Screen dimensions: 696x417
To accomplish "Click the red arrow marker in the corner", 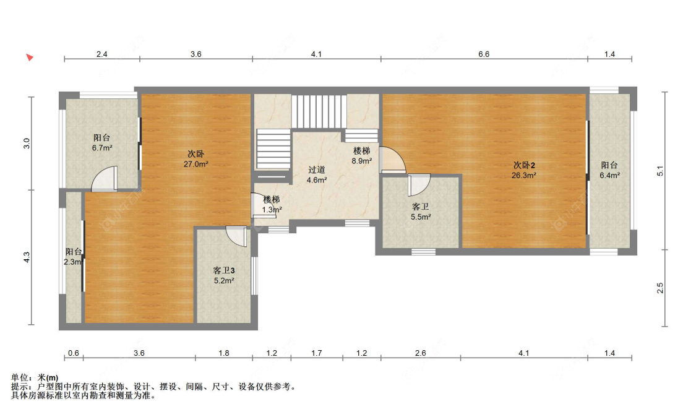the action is pyautogui.click(x=30, y=58).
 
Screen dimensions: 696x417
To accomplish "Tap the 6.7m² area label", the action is pyautogui.click(x=102, y=148).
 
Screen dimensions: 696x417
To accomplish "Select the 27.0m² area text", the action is pyautogui.click(x=196, y=164).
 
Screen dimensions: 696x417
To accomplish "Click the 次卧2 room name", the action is pyautogui.click(x=524, y=165).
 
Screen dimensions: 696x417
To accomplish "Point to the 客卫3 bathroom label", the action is pyautogui.click(x=224, y=270).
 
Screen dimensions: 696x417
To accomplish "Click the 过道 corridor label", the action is pyautogui.click(x=317, y=170).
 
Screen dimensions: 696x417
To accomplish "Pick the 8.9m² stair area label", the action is pyautogui.click(x=362, y=161).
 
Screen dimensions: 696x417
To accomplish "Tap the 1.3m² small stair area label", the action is pyautogui.click(x=272, y=210).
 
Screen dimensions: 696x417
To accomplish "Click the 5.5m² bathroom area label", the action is pyautogui.click(x=421, y=217).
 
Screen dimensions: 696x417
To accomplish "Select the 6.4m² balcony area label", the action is pyautogui.click(x=609, y=176).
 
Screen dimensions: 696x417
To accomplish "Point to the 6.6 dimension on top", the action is pyautogui.click(x=484, y=54).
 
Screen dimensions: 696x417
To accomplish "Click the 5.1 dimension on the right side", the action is pyautogui.click(x=661, y=171).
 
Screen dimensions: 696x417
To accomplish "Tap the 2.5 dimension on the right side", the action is pyautogui.click(x=661, y=288).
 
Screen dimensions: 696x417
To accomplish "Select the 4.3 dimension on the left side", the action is pyautogui.click(x=27, y=257).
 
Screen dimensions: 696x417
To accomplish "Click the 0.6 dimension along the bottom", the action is pyautogui.click(x=73, y=353).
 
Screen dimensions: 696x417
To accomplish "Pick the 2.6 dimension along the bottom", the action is pyautogui.click(x=420, y=353).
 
